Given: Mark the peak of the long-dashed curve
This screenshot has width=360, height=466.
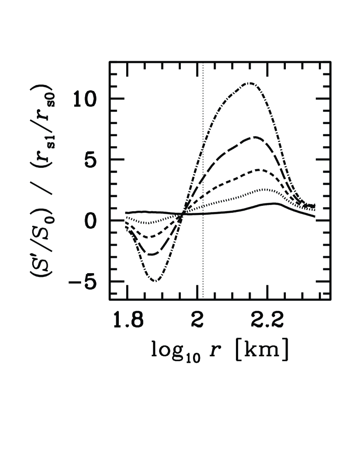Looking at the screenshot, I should coord(255,137).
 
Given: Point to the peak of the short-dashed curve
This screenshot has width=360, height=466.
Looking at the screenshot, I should coord(259,170).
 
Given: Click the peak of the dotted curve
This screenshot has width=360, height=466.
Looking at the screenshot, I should coord(263,189).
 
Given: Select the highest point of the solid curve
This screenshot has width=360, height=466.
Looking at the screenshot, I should coord(274,203).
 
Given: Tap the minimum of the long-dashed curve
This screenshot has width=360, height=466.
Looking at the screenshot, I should coord(151,254).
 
